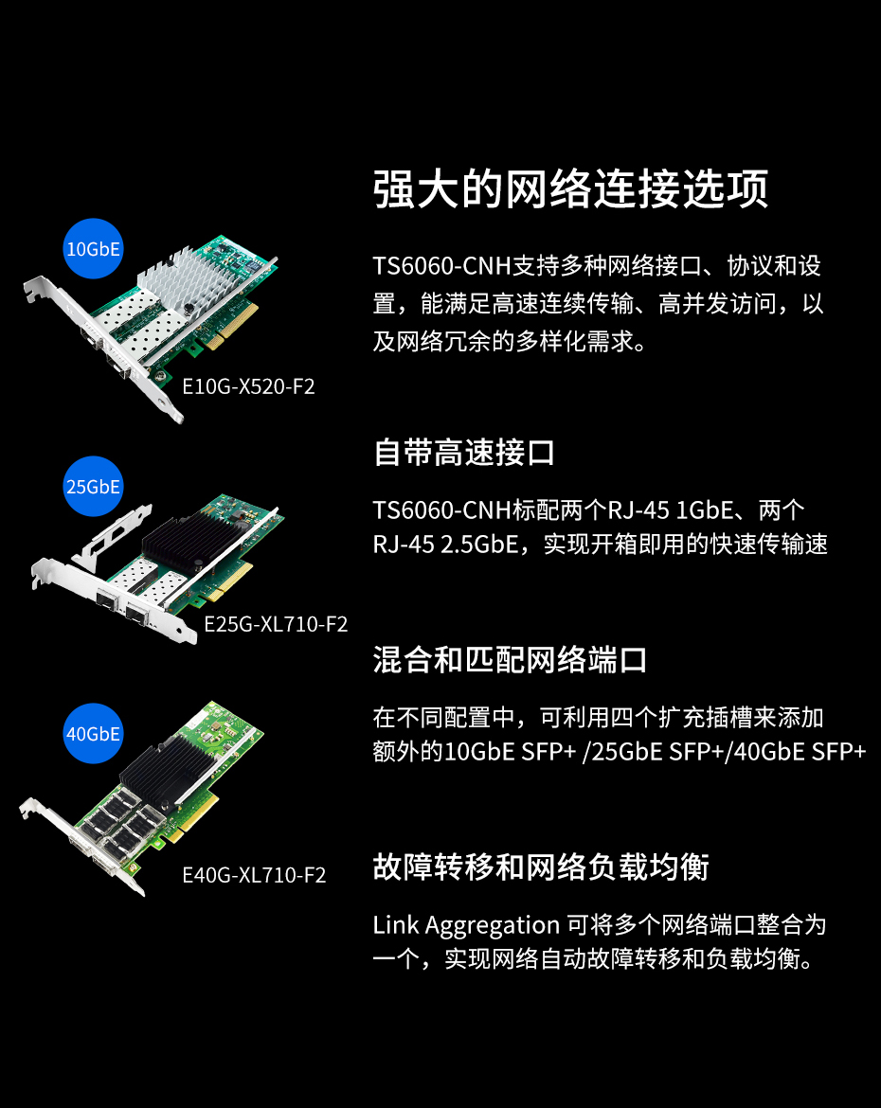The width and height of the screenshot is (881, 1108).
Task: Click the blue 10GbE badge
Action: [94, 249]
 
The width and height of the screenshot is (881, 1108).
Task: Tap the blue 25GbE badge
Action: [94, 486]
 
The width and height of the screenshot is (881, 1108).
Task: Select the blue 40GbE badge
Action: [94, 734]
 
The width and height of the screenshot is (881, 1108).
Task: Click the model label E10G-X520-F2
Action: [248, 386]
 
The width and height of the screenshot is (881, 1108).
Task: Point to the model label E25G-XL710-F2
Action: [276, 624]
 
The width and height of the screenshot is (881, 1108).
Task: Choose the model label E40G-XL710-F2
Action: [254, 875]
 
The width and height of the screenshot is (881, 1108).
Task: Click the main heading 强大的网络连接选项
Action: [570, 188]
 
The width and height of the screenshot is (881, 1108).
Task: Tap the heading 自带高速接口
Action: [464, 453]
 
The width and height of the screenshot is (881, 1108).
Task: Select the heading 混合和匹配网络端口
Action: [510, 660]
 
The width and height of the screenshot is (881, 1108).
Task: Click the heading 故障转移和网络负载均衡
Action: [541, 867]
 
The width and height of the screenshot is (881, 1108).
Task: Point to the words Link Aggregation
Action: [466, 925]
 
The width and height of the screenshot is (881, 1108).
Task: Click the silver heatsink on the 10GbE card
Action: [186, 279]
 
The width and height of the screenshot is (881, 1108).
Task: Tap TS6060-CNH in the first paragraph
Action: [441, 266]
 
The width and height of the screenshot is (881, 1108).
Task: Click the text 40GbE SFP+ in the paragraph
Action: [800, 752]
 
